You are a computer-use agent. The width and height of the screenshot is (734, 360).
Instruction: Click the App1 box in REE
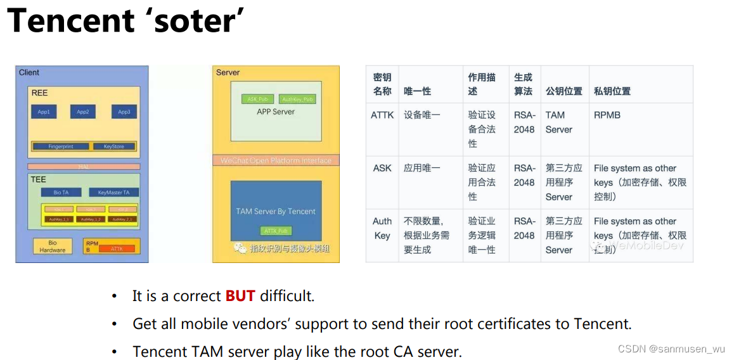pyautogui.click(x=44, y=112)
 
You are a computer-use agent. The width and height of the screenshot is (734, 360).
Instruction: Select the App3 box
pyautogui.click(x=124, y=112)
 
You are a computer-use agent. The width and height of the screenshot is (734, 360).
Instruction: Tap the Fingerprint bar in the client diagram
pyautogui.click(x=61, y=146)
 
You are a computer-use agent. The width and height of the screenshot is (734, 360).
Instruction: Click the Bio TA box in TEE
pyautogui.click(x=61, y=192)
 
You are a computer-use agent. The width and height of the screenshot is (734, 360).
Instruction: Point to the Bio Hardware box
pyautogui.click(x=53, y=246)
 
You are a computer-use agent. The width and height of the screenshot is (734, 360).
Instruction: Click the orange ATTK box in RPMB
pyautogui.click(x=117, y=249)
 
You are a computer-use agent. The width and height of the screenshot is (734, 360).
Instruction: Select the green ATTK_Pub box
pyautogui.click(x=276, y=231)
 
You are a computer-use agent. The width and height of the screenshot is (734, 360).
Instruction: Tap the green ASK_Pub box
pyautogui.click(x=257, y=99)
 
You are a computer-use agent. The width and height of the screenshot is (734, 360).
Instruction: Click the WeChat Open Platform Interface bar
pyautogui.click(x=276, y=160)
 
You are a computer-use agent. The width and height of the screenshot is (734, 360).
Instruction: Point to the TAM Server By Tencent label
pyautogui.click(x=276, y=211)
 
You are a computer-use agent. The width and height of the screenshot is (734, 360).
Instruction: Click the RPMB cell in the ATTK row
pyautogui.click(x=607, y=115)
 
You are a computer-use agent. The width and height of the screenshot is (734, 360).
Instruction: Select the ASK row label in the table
pyautogui.click(x=382, y=169)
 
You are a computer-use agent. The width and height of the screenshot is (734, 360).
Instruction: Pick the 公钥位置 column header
pyautogui.click(x=563, y=91)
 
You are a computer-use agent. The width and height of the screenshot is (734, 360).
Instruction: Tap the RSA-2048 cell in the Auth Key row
pyautogui.click(x=524, y=228)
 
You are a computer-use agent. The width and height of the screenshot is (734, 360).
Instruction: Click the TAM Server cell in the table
pyautogui.click(x=558, y=122)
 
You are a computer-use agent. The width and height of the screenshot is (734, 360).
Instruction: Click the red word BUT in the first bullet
pyautogui.click(x=240, y=296)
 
